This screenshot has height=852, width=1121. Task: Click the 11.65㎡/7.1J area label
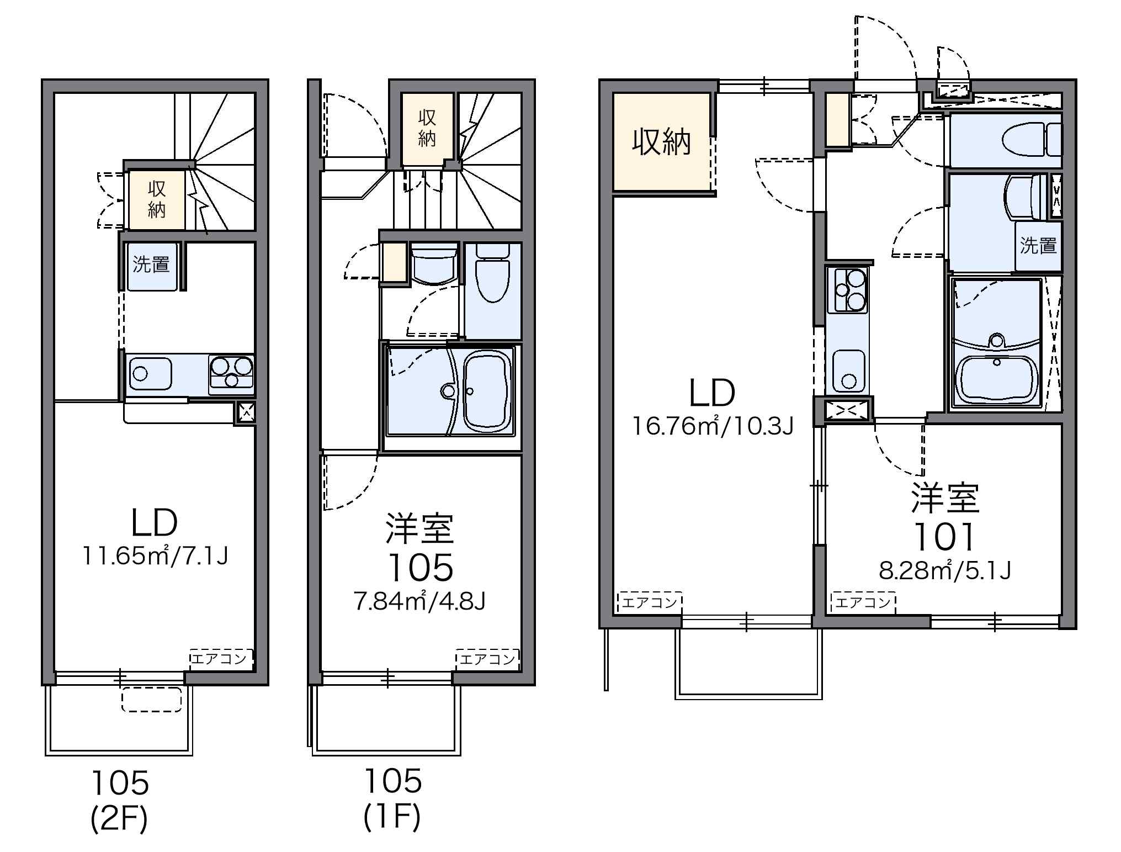[155, 555]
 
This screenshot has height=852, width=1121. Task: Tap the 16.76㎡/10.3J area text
[712, 426]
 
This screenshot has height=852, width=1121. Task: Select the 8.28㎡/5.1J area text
[944, 570]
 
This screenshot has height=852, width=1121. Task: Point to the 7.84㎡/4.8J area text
[419, 601]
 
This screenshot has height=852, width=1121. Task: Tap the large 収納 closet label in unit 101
[662, 142]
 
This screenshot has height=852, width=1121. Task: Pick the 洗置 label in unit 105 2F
[151, 264]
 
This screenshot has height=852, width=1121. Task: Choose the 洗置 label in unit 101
[1038, 245]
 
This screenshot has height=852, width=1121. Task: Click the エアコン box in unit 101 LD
[650, 602]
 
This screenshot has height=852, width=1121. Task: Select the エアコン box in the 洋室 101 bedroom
[863, 602]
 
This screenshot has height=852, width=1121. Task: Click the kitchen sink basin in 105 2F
[151, 374]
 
